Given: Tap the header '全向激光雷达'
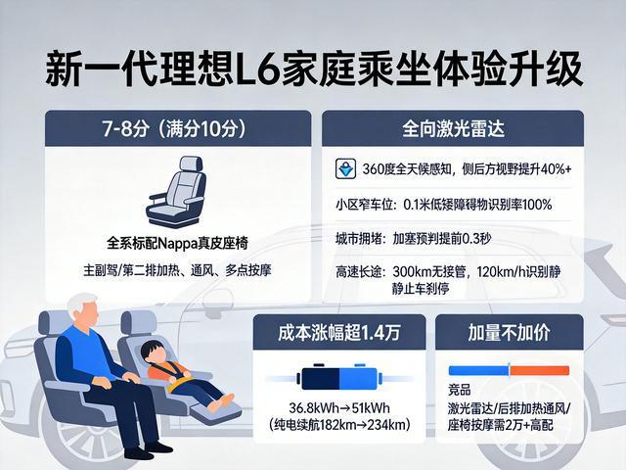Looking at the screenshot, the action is tap(453, 128).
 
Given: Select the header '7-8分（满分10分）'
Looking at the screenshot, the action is tap(174, 128).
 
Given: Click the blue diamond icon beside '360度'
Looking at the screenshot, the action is tap(345, 168).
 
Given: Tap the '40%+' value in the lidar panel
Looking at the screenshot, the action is tap(557, 169).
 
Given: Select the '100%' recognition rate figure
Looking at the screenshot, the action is tap(537, 205).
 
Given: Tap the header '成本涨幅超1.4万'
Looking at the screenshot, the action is tap(339, 333).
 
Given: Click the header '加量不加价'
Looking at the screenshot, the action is tap(509, 333).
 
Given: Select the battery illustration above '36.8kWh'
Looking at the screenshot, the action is tap(339, 377).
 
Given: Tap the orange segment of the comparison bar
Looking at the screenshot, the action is tap(539, 370).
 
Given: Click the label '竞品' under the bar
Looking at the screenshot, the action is tap(460, 390).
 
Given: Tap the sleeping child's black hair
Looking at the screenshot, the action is tap(153, 349).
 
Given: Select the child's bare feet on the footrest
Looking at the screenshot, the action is tap(222, 402).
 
